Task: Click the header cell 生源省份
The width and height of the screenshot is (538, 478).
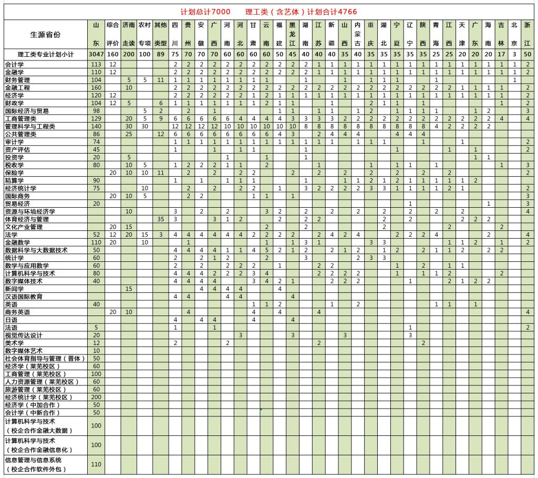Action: click(x=45, y=34)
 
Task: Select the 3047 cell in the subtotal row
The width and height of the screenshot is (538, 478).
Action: click(x=96, y=54)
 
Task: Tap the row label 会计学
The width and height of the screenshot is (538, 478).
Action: click(x=14, y=64)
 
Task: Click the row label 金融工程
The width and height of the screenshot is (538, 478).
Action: click(x=17, y=88)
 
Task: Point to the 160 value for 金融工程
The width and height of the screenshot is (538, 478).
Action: click(x=96, y=88)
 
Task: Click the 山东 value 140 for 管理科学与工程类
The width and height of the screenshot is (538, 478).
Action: click(x=96, y=127)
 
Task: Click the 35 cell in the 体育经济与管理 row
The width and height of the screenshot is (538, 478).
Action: click(x=161, y=219)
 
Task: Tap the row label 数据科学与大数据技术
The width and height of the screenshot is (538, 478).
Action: click(x=36, y=250)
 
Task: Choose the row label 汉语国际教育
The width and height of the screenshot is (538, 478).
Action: click(x=24, y=297)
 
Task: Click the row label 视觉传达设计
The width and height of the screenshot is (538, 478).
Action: click(x=24, y=335)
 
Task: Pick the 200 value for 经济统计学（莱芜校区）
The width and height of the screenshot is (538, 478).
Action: click(x=96, y=398)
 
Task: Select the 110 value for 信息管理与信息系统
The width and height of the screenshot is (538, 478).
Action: click(x=96, y=464)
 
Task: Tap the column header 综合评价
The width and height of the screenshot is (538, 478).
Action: click(x=113, y=34)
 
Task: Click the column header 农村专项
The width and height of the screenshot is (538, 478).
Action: click(x=144, y=34)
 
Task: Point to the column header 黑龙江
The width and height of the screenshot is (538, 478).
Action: click(x=292, y=34)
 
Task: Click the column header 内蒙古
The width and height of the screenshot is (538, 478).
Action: click(x=357, y=34)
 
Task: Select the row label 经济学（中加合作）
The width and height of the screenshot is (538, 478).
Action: click(x=33, y=405)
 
